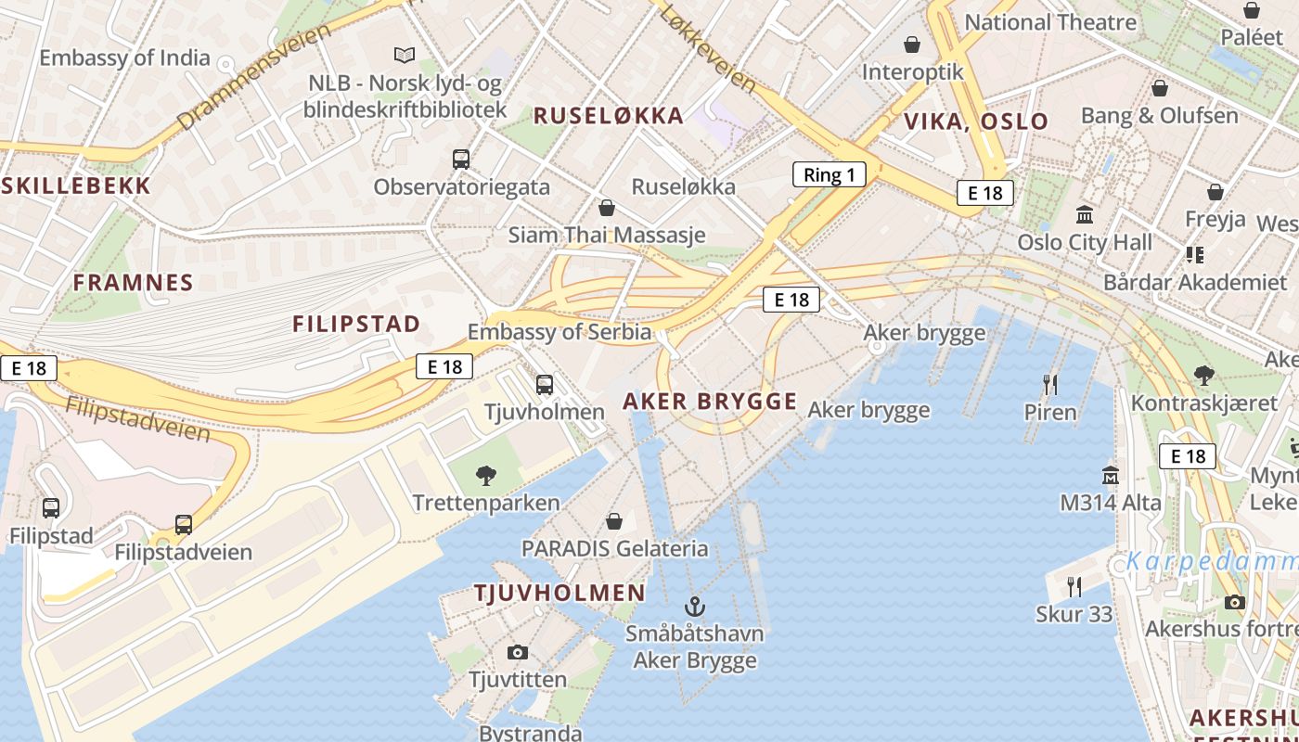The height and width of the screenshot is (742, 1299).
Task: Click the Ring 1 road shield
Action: [x=829, y=174]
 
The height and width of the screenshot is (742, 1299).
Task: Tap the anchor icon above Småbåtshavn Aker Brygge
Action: [x=694, y=608]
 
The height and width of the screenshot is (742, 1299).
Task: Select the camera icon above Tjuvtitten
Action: [x=518, y=652]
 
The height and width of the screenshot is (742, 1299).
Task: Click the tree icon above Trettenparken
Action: [x=485, y=477]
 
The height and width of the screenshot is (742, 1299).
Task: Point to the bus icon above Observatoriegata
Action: [x=461, y=160]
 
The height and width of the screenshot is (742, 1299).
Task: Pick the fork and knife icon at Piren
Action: [x=1050, y=384]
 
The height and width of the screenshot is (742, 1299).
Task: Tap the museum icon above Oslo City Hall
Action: [x=1084, y=215]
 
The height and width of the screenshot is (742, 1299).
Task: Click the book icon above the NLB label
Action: [x=405, y=56]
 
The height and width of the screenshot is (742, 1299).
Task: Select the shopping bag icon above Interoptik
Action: [x=912, y=45]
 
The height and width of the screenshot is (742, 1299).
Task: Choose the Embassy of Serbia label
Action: [x=559, y=332]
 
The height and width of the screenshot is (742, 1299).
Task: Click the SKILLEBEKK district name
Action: [x=76, y=185]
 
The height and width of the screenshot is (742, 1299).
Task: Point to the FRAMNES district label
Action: [x=133, y=283]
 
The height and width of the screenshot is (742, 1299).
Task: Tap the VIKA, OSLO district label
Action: [x=976, y=122]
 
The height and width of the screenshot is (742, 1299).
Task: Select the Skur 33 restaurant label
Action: [x=1074, y=614]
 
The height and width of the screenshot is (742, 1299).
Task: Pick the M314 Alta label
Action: [x=1111, y=503]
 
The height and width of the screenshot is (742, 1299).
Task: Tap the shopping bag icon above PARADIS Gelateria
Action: [x=613, y=521]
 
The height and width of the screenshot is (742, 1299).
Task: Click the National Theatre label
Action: [x=1050, y=22]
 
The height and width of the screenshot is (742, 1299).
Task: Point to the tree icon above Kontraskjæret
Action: [x=1204, y=376]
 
